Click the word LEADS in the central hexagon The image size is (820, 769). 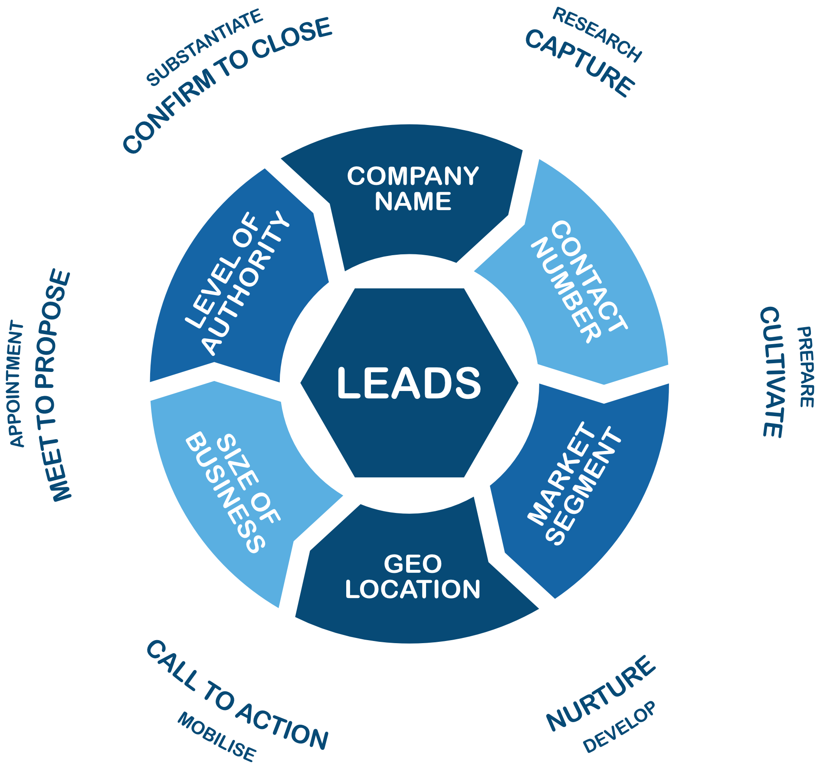pos(409,383)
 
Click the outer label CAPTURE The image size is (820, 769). pos(580,63)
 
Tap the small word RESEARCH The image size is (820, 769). pos(597,35)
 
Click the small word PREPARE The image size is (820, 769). pos(806,367)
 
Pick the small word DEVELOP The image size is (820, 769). pos(619,727)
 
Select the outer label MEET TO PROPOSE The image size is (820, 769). pos(54,386)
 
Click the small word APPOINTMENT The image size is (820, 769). pos(16,384)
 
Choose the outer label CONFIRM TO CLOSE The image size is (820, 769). pos(227,85)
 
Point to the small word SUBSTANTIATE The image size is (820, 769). pos(204,47)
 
